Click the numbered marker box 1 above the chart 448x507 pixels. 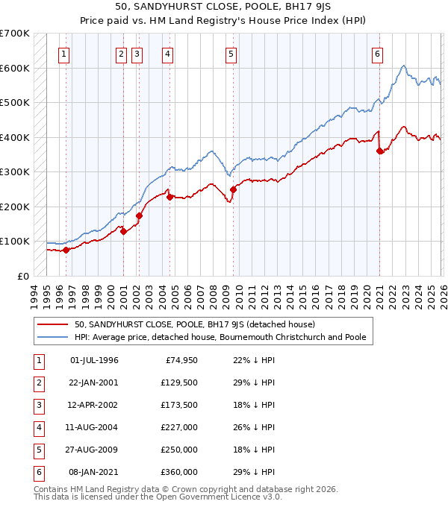[x=64, y=54]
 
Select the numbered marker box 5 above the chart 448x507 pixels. [x=231, y=54]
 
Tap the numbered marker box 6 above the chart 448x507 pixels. [x=378, y=54]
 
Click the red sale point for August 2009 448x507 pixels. [x=233, y=189]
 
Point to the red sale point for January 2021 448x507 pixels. [x=380, y=151]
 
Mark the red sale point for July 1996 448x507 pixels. [x=66, y=250]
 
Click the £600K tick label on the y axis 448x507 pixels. [x=15, y=68]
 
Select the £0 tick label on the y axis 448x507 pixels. [x=22, y=276]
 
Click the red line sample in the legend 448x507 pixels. [x=53, y=324]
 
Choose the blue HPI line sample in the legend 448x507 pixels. [x=53, y=337]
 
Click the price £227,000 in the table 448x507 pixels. [x=181, y=427]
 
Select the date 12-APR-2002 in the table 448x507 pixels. [x=93, y=405]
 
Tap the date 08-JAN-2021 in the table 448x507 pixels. [x=93, y=472]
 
